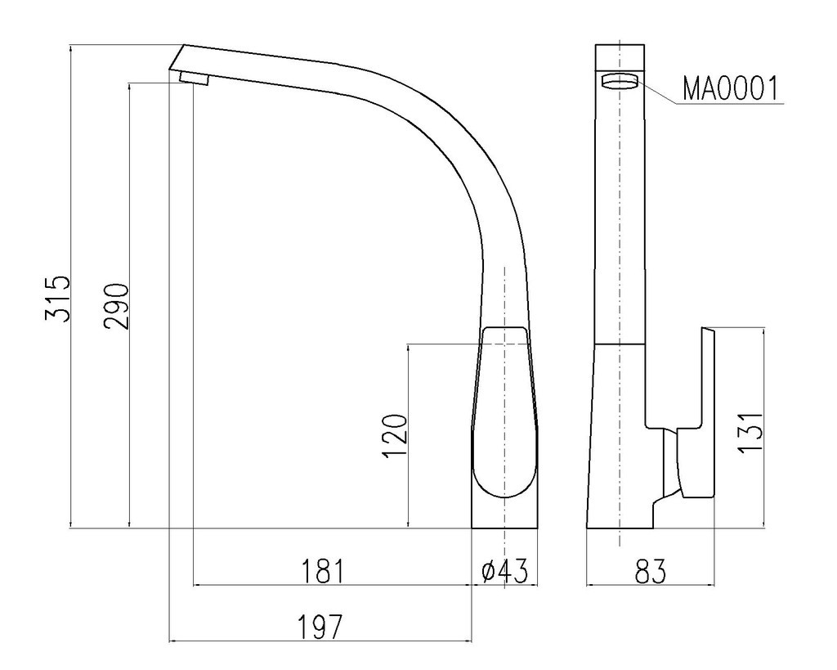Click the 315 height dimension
(x=58, y=299)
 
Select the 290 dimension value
(x=117, y=307)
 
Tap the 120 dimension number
(x=395, y=436)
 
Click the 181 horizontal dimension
(x=324, y=571)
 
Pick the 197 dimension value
(x=319, y=627)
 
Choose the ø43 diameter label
(x=504, y=571)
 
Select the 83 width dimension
(x=651, y=571)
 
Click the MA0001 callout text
(x=730, y=88)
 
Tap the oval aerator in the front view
(x=620, y=81)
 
